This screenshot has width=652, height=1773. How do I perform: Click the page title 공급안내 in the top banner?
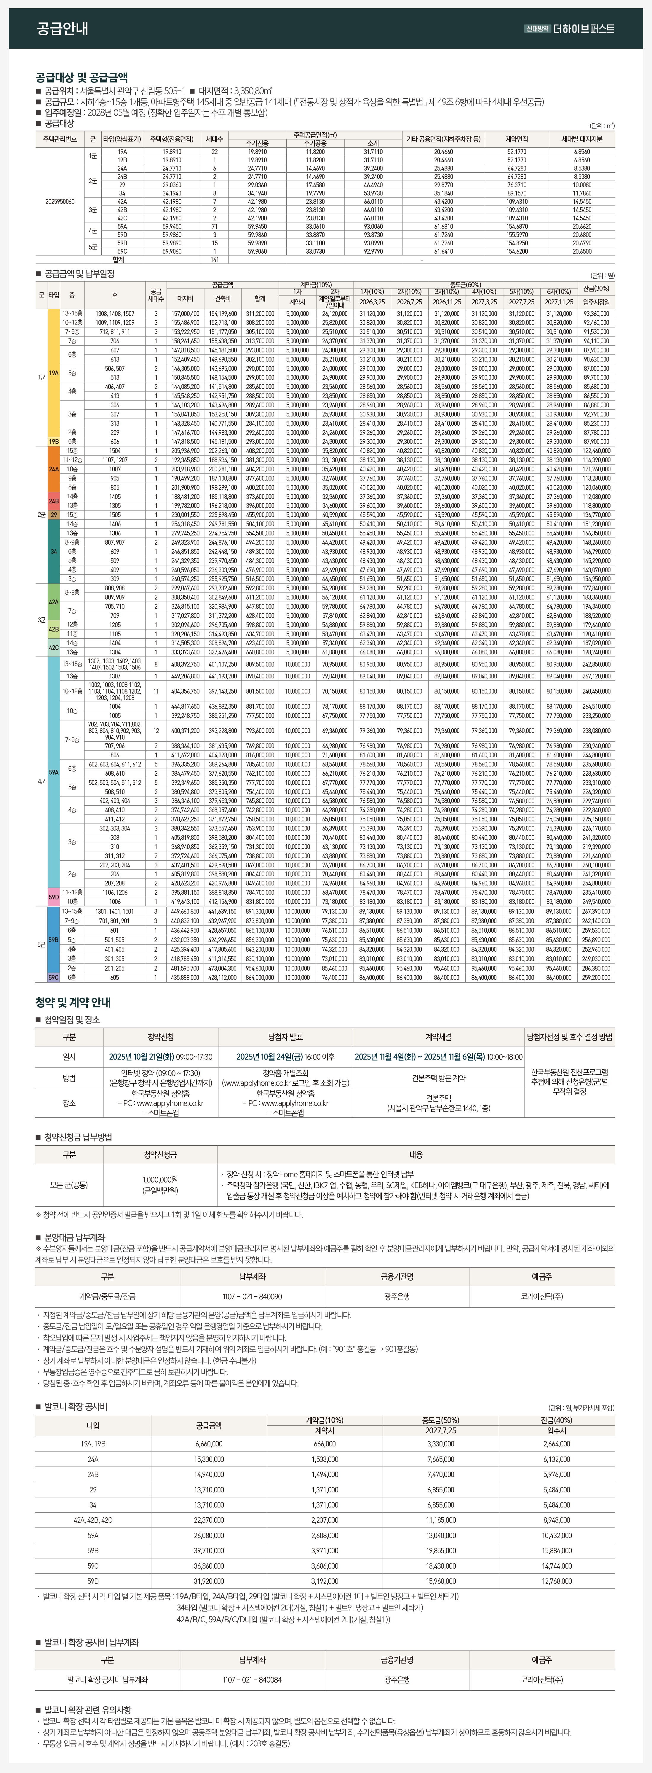[x=62, y=28]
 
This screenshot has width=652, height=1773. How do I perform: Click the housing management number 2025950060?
[x=60, y=202]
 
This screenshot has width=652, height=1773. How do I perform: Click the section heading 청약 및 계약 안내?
[x=73, y=1002]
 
